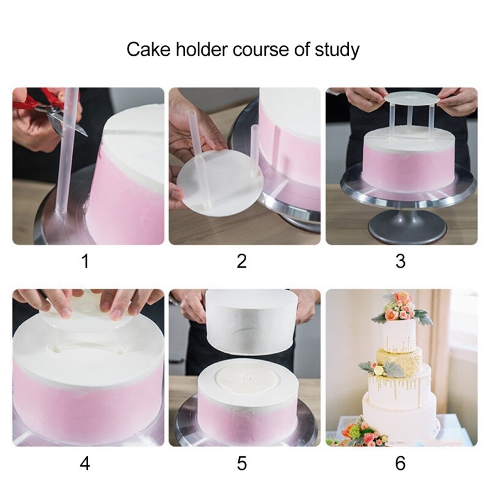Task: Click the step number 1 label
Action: [85, 262]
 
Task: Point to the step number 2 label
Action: [242, 262]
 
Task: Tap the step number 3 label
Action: [400, 262]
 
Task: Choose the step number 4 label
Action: [85, 464]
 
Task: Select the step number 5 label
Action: [242, 464]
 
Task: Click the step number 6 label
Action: [400, 464]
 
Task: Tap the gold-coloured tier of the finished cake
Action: [398, 361]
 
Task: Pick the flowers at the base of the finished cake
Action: [361, 434]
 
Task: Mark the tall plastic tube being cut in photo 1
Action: [68, 153]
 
